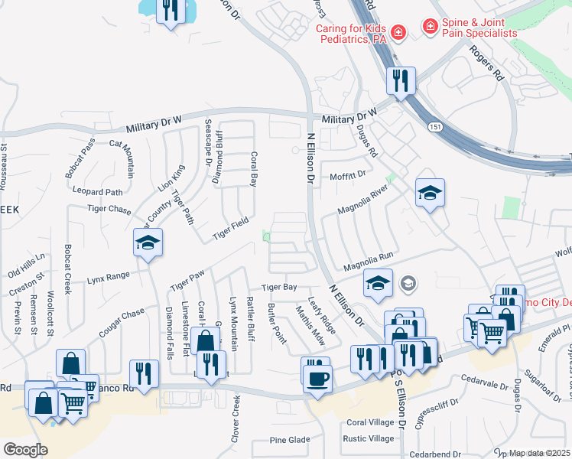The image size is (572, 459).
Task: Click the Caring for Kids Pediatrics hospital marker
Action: point(398,32)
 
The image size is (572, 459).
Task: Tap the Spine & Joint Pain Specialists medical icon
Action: point(431,28)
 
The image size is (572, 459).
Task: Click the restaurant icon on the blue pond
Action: point(170,10)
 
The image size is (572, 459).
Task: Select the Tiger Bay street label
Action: point(279,288)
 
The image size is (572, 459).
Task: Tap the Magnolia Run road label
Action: point(368,265)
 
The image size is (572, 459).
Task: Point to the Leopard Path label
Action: point(97,192)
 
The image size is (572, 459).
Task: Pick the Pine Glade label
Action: point(291,440)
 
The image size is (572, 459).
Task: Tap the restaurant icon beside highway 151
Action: point(401,80)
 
